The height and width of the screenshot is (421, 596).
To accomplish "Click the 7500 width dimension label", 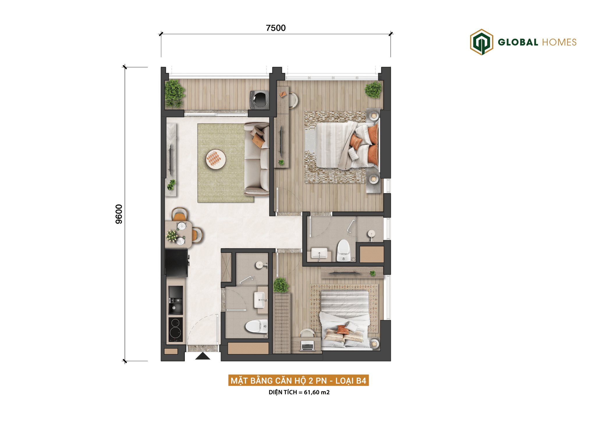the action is tap(276, 28).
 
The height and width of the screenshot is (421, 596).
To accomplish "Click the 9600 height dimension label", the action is tap(119, 214).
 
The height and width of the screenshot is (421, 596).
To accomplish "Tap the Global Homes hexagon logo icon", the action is tap(481, 42).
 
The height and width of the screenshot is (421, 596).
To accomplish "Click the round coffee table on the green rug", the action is tap(216, 159).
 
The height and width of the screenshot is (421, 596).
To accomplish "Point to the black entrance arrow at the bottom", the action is tap(203, 356).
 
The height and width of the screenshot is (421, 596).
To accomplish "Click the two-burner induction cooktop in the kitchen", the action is tap(176, 329).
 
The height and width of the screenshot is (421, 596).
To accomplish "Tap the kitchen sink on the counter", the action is tap(176, 300).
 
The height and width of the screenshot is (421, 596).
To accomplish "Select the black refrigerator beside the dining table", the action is tap(176, 263).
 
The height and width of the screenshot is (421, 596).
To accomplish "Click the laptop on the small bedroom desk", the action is tap(307, 346).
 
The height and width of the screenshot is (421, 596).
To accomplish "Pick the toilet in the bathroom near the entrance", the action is tap(256, 326).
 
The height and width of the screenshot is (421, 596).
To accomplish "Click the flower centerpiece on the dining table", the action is tap(172, 235).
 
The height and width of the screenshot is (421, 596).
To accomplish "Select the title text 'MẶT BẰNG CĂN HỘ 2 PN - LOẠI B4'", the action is tap(298, 380).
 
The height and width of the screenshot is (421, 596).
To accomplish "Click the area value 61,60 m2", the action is tap(317, 392).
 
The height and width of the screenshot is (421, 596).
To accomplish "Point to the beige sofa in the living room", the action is tap(257, 159).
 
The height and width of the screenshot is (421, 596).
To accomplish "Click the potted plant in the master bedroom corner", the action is tap(373, 90).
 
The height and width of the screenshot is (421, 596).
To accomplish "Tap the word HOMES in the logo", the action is tap(559, 42).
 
